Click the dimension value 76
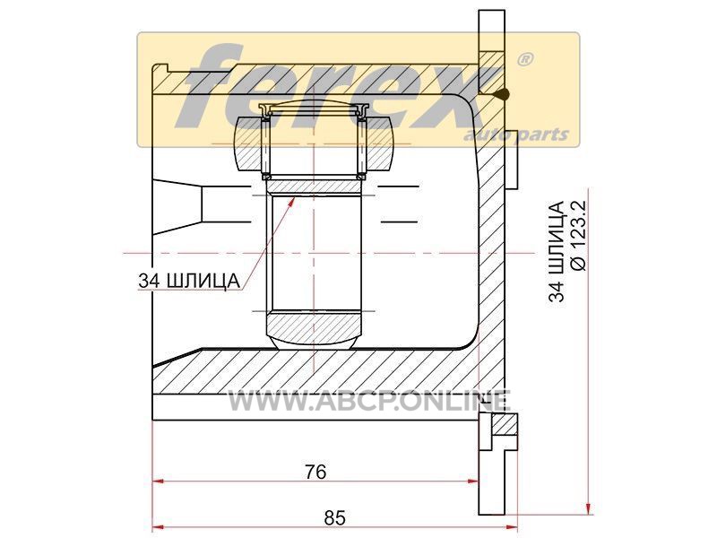tap(315, 472)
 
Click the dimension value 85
tap(334, 518)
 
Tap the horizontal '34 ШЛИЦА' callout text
tap(189, 281)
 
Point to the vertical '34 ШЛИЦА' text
tap(557, 251)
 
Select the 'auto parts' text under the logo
tap(516, 134)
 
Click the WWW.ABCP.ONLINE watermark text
tap(369, 400)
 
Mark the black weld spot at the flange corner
tap(503, 95)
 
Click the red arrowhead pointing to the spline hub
tap(290, 202)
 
